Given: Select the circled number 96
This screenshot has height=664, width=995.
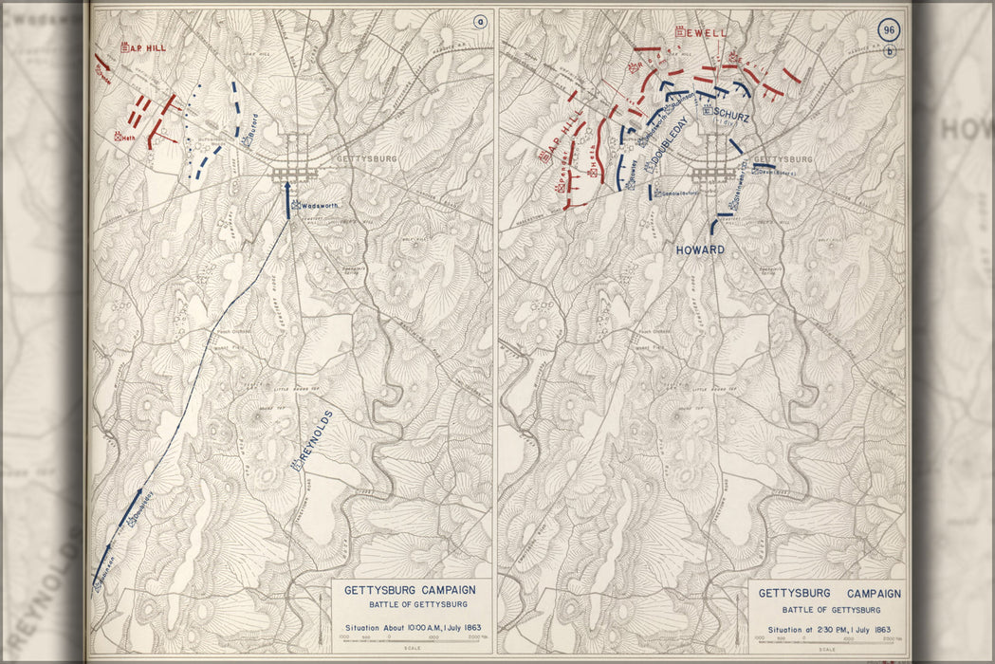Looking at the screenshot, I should [x=889, y=29].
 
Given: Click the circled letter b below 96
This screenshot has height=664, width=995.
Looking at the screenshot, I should [x=889, y=51].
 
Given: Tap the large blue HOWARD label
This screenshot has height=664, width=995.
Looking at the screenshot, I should [x=700, y=250].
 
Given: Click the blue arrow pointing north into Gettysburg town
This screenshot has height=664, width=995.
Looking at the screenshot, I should [x=288, y=197].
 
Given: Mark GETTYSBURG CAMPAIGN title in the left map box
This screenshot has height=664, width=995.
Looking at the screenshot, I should [x=410, y=590].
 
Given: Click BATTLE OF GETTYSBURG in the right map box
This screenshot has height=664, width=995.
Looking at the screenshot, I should [x=829, y=609].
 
